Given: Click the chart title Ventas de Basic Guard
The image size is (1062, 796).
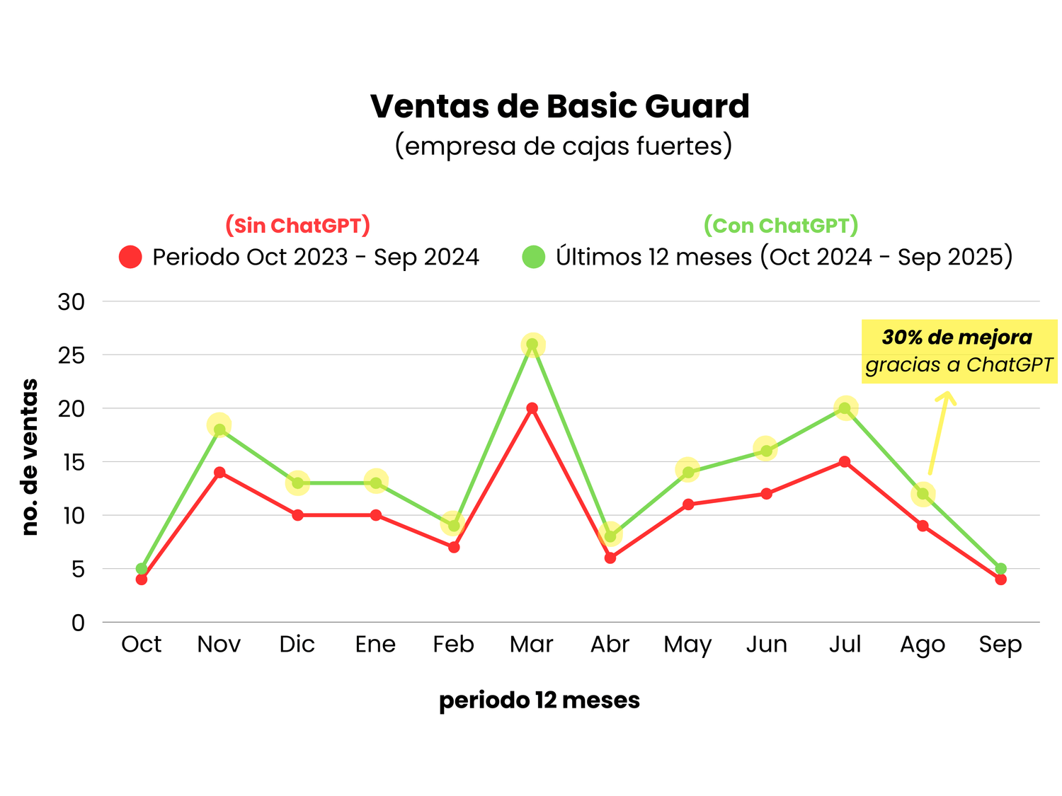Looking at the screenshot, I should click(559, 106).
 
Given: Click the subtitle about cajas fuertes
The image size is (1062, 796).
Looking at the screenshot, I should click(563, 146).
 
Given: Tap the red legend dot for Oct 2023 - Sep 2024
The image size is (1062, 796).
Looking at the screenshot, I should click(130, 257).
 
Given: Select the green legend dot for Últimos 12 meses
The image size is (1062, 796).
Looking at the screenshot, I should click(533, 257).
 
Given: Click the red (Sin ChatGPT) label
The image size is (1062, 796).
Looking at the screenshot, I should click(297, 226).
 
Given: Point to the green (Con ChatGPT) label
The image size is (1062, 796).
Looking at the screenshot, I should click(780, 226).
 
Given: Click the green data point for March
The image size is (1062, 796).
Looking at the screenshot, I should click(532, 345).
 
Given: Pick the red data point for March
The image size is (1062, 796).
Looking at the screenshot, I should click(532, 408).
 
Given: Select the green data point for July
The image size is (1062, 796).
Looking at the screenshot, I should click(845, 408).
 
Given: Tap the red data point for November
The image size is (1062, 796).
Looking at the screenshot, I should click(219, 472).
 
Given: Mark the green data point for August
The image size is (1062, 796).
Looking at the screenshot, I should click(923, 494).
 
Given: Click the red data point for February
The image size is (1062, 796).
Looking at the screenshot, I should click(454, 547).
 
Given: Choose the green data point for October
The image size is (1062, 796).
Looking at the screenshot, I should click(142, 569).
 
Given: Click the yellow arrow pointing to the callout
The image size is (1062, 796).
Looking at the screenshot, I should click(939, 432).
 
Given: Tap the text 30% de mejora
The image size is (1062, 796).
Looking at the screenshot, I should click(957, 338).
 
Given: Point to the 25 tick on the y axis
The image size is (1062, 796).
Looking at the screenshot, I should click(72, 355).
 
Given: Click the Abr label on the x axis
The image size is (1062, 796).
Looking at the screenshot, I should click(610, 644).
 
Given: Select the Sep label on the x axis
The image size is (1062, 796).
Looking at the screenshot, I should click(1000, 644).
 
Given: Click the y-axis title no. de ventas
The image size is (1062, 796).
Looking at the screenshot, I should click(30, 456).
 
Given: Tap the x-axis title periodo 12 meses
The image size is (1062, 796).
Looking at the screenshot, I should click(539, 700).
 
